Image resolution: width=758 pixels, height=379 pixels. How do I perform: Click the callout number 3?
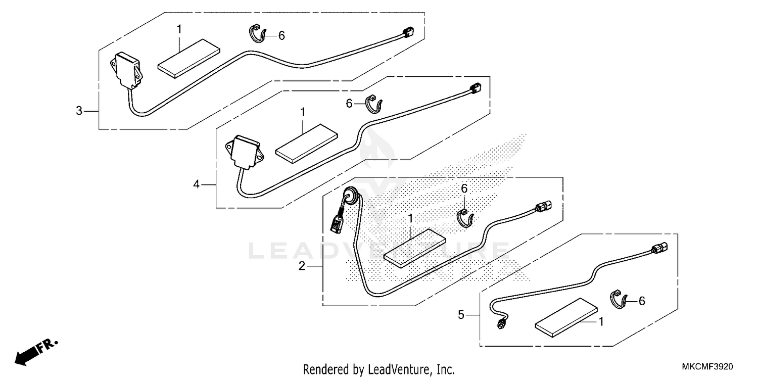click(x=79, y=111)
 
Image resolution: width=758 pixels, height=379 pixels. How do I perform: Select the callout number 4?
click(x=197, y=185)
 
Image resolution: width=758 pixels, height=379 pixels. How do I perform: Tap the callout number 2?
click(x=302, y=266)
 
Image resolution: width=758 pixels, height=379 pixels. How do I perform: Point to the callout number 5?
click(x=460, y=315)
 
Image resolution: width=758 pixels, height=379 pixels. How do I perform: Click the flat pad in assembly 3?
click(x=188, y=59)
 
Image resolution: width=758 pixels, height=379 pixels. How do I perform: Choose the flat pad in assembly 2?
click(x=413, y=246)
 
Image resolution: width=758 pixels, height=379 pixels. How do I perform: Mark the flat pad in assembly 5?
click(x=566, y=317)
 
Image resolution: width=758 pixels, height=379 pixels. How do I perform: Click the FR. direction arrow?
click(x=35, y=351)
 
